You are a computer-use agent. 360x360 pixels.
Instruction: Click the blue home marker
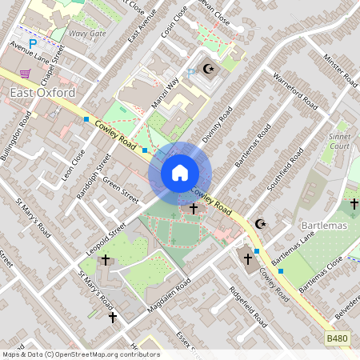(x=179, y=172)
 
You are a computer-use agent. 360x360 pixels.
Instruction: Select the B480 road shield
(x=337, y=340)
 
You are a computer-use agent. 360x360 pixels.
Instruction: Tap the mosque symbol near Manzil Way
(x=210, y=70)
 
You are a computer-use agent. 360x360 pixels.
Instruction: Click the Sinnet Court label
(x=339, y=142)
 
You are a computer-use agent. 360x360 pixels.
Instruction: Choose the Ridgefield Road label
(x=247, y=306)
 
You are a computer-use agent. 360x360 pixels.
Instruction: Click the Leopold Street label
(x=105, y=241)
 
